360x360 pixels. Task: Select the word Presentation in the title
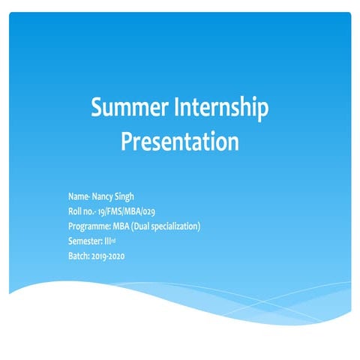[x=180, y=141]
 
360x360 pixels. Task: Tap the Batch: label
[x=78, y=256]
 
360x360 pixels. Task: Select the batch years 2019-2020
[x=107, y=256]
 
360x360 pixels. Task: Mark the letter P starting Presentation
[x=127, y=141]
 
